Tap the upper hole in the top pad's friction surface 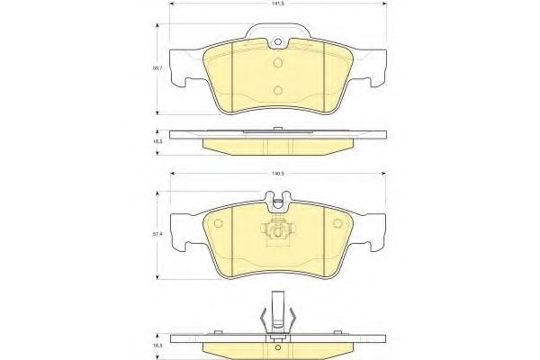click(278, 63)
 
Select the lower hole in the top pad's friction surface click(278, 90)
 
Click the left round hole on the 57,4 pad click(219, 223)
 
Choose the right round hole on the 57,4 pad click(337, 223)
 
